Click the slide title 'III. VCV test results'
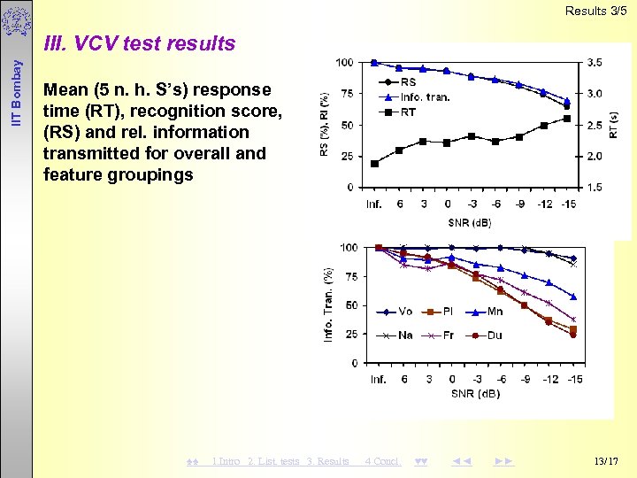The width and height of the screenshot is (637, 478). (139, 43)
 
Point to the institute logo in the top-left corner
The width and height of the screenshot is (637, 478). (15, 22)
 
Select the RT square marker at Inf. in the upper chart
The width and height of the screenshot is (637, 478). (374, 163)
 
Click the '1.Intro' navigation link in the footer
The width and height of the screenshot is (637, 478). (226, 461)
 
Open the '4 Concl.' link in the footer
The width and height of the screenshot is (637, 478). (383, 461)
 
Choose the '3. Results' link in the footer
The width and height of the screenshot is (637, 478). (328, 461)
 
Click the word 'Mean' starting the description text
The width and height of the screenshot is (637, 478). (65, 89)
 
